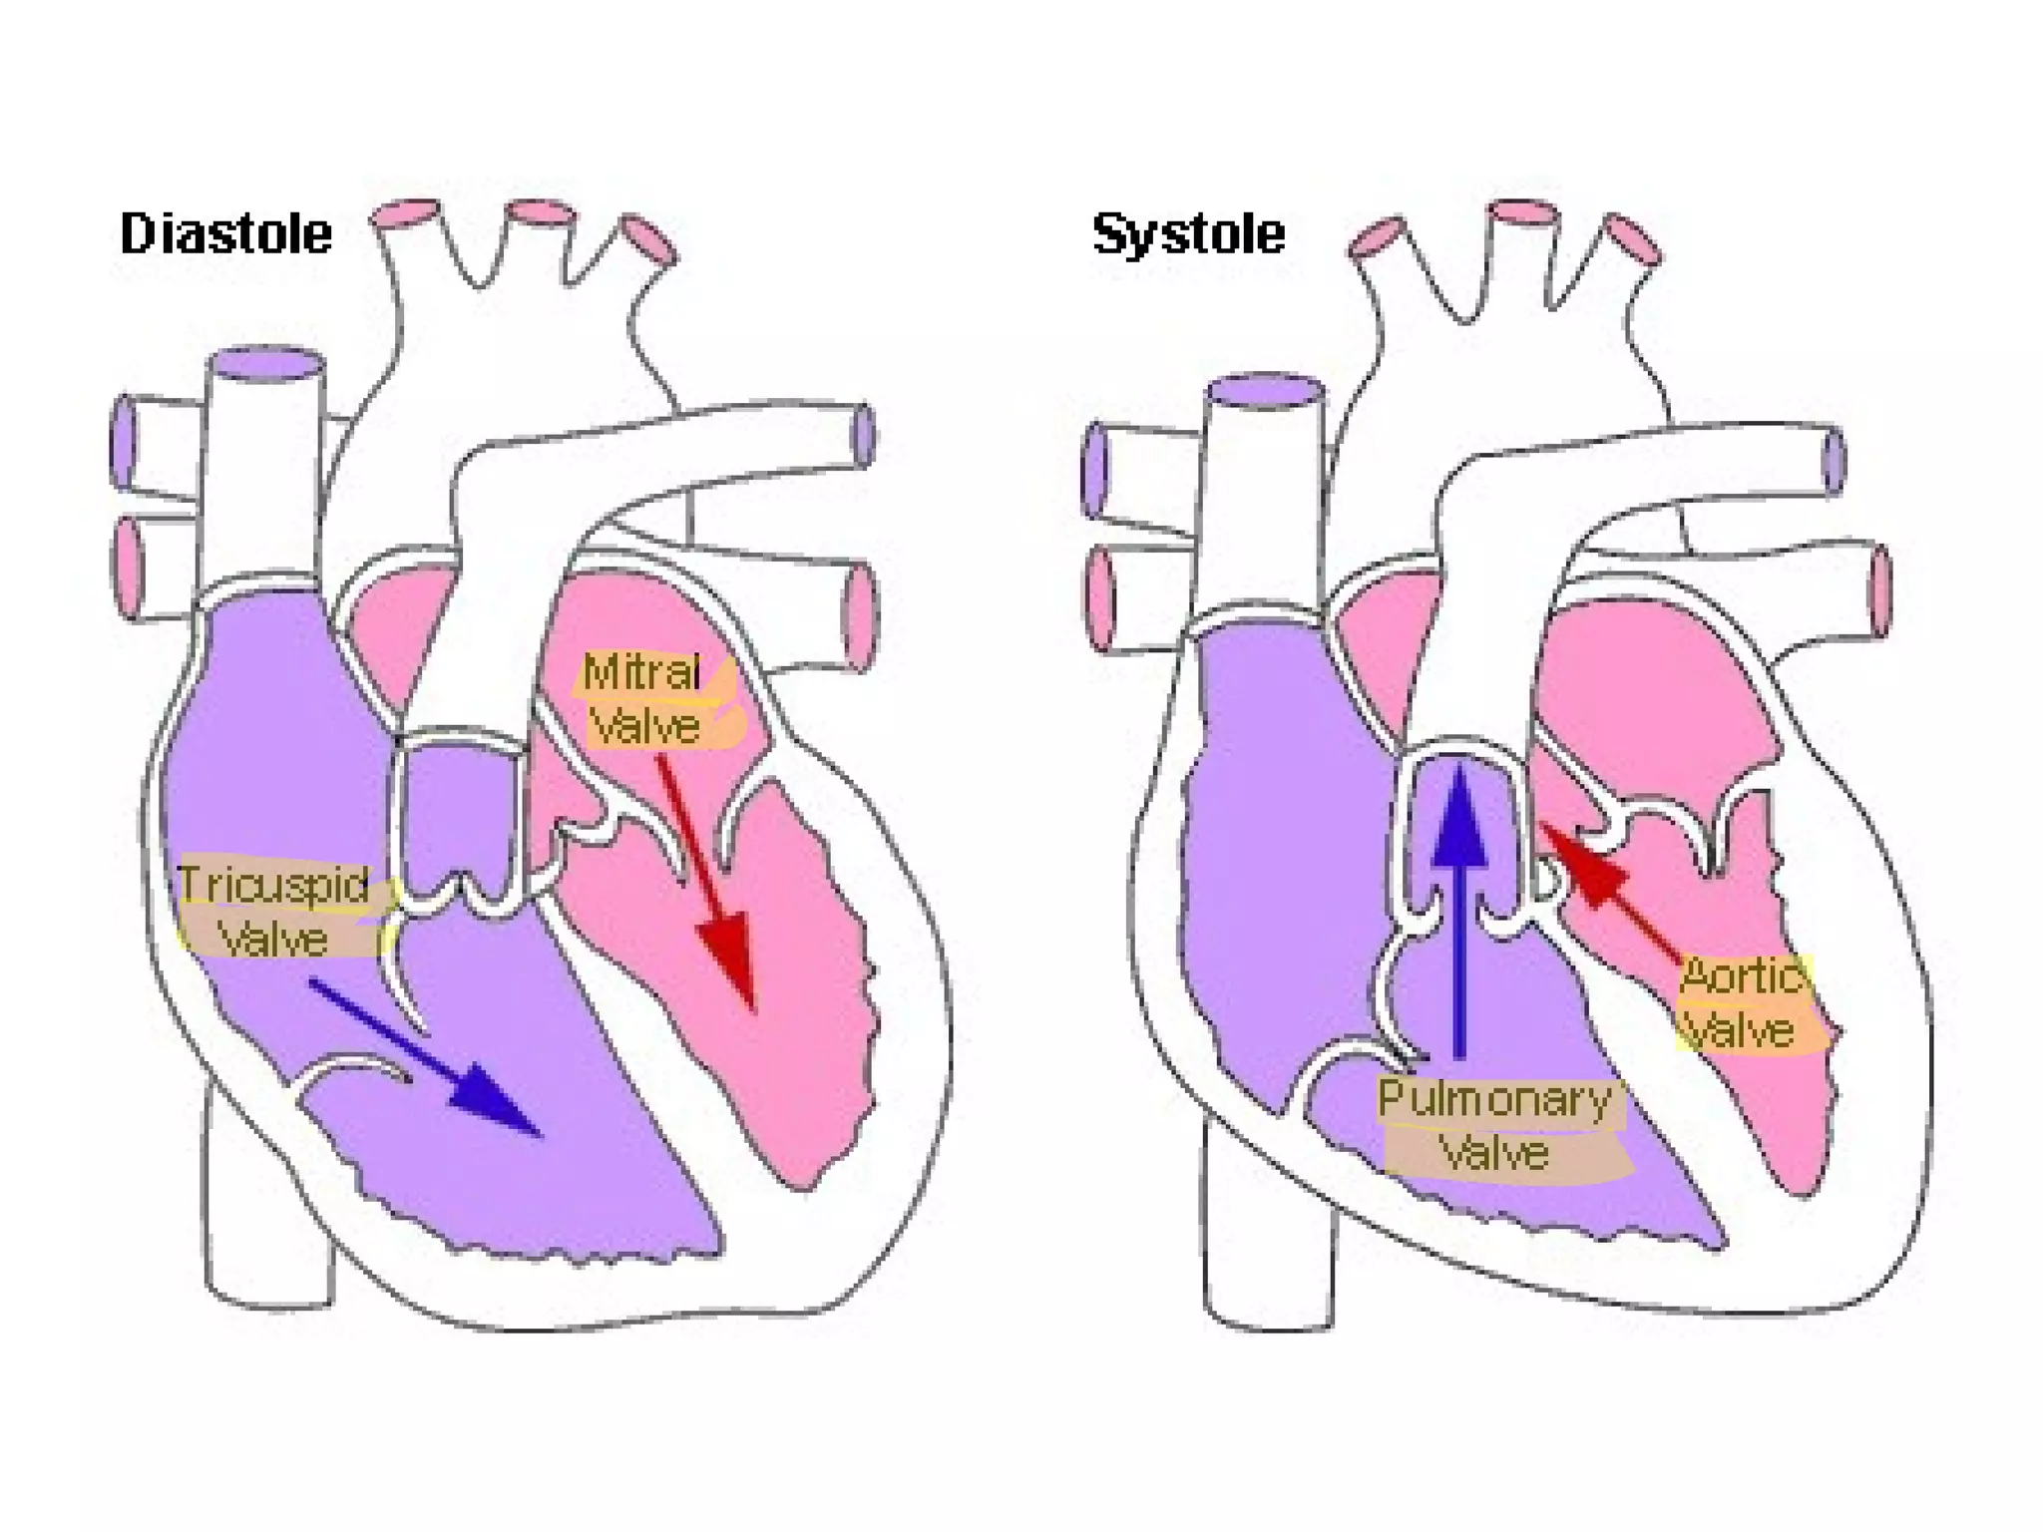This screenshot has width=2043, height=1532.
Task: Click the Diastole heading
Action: [225, 234]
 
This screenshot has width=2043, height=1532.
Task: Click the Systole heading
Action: [1188, 234]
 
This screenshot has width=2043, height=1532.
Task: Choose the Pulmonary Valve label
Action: [1495, 1126]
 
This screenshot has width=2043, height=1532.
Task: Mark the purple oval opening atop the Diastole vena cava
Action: [266, 365]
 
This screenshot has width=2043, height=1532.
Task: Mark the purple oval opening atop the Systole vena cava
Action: [1265, 391]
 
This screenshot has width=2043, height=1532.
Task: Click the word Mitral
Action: [641, 672]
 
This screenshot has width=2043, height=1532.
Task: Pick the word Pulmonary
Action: [1494, 1099]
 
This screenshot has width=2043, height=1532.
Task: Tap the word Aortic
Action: [1742, 975]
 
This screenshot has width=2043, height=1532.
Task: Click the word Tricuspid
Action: [273, 885]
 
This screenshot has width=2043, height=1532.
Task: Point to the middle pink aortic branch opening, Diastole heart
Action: [540, 214]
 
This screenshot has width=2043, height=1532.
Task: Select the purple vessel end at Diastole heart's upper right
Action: [864, 436]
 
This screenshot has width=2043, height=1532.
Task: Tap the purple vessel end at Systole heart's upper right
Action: [1834, 460]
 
